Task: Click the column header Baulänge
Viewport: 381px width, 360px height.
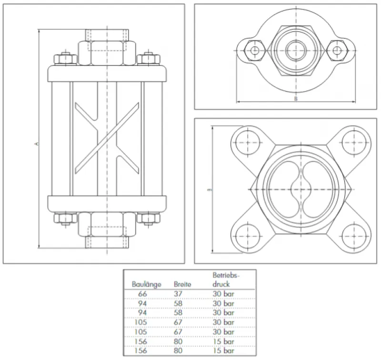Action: click(x=147, y=285)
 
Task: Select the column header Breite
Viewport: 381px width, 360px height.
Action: click(x=183, y=285)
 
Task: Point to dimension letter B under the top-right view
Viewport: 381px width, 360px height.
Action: click(x=296, y=98)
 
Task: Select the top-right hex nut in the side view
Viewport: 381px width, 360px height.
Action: click(x=149, y=59)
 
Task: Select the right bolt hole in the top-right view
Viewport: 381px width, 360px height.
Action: click(x=337, y=50)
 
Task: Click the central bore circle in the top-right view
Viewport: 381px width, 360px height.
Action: click(x=296, y=50)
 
